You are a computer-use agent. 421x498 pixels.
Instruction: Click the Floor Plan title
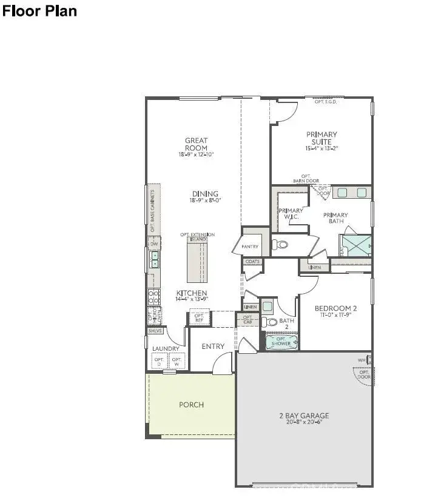(40, 11)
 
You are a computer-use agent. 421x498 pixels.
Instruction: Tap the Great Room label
(196, 144)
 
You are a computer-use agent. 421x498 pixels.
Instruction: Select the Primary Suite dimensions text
(322, 148)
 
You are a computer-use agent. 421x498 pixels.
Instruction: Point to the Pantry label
(250, 247)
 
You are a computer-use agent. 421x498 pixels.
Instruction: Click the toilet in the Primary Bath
(280, 244)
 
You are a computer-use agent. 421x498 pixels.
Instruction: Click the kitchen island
(197, 261)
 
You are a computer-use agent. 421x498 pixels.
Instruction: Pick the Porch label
(191, 405)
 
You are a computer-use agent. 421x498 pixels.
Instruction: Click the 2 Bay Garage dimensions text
(304, 423)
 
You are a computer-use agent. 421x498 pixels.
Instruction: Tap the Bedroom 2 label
(335, 308)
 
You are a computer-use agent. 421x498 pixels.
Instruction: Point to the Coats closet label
(252, 262)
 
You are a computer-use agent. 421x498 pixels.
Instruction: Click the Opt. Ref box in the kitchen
(198, 318)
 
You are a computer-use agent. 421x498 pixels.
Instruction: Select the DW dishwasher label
(154, 245)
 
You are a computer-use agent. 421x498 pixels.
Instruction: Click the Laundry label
(165, 349)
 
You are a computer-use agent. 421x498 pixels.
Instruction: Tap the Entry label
(212, 347)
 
